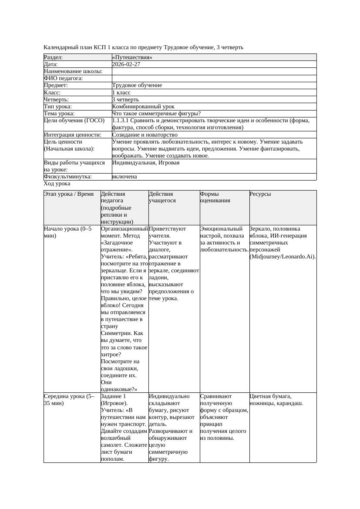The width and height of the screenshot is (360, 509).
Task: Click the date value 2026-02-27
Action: click(x=126, y=64)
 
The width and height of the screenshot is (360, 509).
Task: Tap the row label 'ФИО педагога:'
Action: click(x=64, y=78)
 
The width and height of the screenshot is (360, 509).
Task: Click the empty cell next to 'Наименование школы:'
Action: click(x=213, y=71)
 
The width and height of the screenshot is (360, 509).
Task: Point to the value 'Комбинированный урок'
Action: click(x=143, y=106)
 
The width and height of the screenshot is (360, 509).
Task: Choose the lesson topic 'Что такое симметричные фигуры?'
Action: click(x=156, y=114)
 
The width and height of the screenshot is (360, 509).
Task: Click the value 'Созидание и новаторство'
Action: click(x=145, y=135)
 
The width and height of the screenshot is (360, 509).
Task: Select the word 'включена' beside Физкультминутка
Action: click(x=124, y=177)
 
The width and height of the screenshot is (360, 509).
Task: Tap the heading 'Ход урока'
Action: click(x=57, y=184)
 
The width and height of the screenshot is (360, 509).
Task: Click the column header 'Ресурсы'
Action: click(x=260, y=194)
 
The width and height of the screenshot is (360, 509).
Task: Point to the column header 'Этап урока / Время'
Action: click(x=69, y=194)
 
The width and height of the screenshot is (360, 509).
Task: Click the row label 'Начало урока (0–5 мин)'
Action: click(x=68, y=232)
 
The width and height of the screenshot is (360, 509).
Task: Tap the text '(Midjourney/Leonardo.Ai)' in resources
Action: click(x=283, y=257)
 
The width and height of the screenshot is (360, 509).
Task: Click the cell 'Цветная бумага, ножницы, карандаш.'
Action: click(x=276, y=399)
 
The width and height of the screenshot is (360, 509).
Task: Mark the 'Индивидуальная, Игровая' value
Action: click(x=146, y=163)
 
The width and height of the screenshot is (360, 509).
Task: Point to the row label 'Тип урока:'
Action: click(x=58, y=106)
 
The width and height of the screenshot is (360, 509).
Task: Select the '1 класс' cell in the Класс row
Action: click(x=121, y=93)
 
